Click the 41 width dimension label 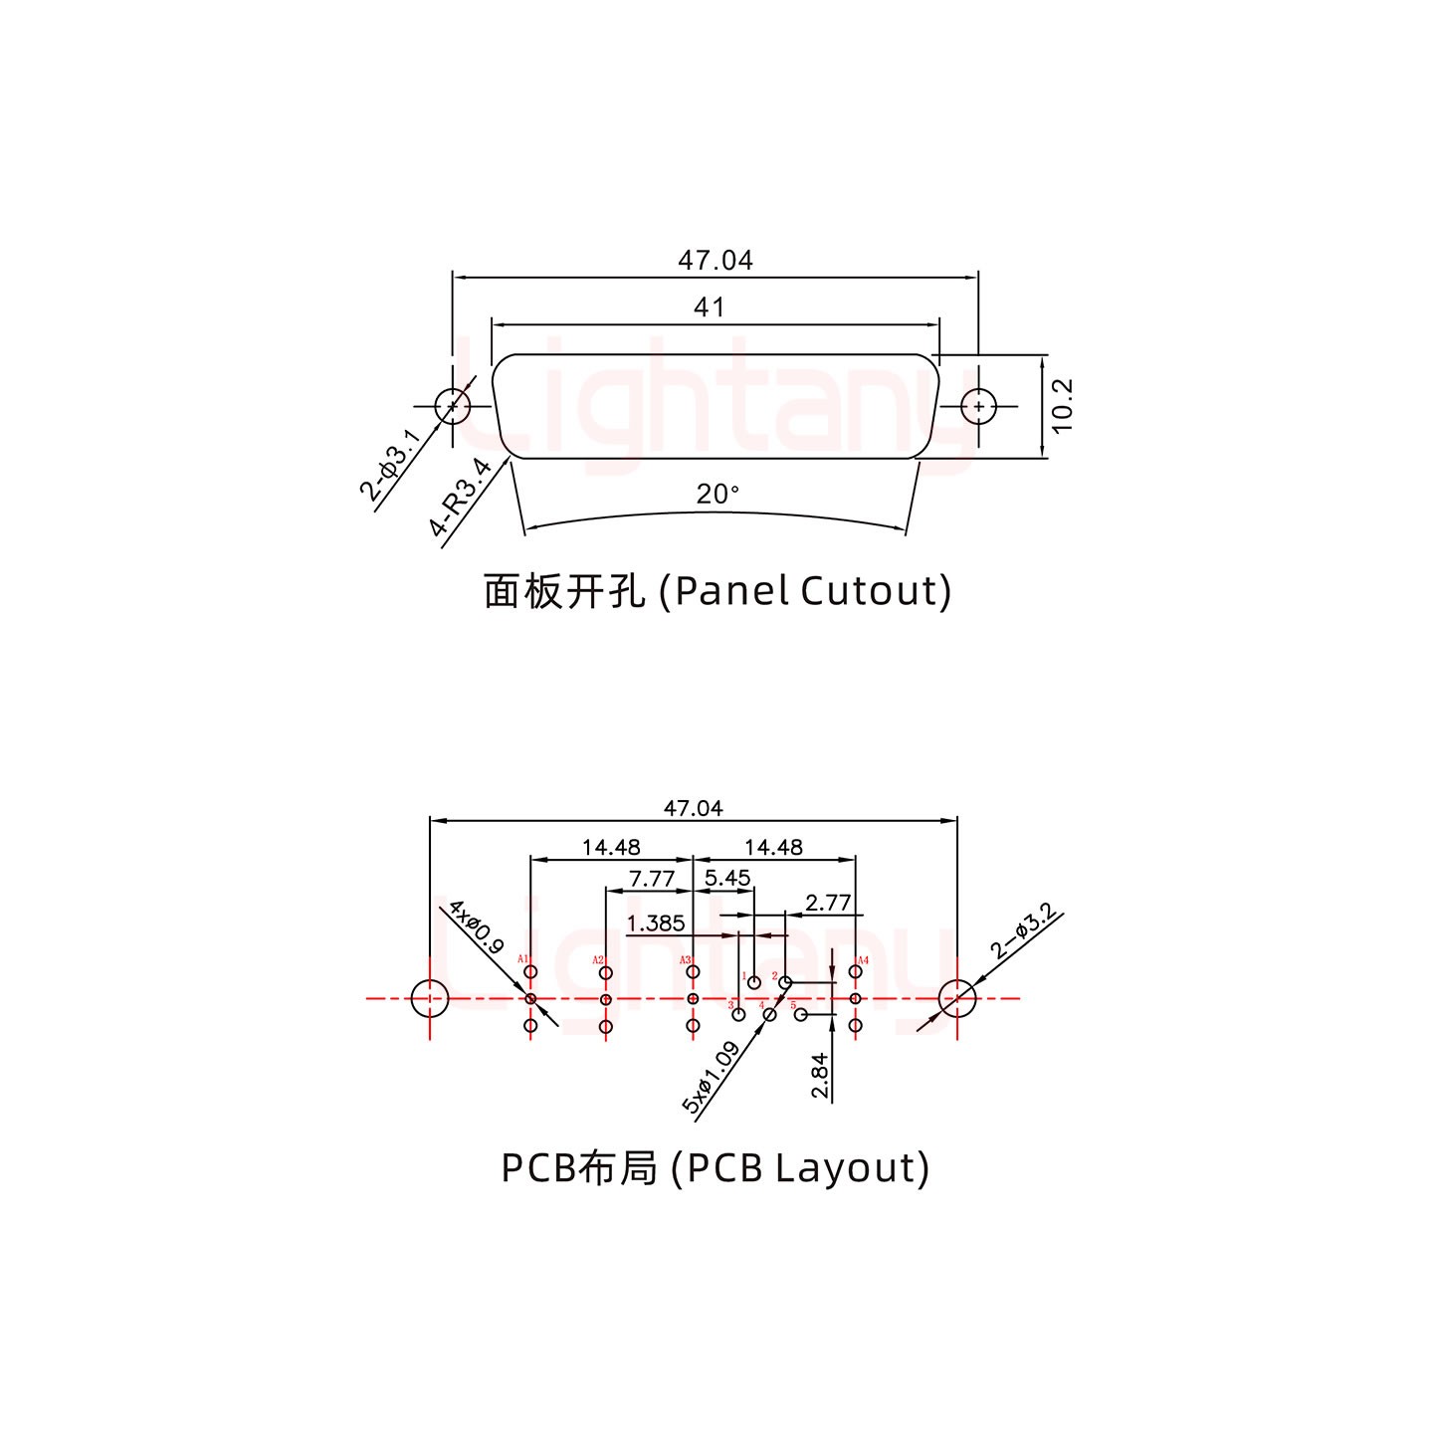[x=709, y=307]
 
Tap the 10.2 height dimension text [x=1063, y=406]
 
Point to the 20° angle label [x=717, y=494]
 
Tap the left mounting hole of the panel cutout [x=453, y=406]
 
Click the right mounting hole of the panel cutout [x=979, y=406]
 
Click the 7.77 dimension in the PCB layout [x=652, y=880]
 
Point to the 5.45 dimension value [x=727, y=878]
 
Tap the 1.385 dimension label [x=656, y=922]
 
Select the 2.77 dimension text [x=828, y=903]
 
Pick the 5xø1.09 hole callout [x=710, y=1078]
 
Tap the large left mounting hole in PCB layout [x=430, y=998]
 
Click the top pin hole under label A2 [x=606, y=973]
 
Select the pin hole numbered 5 [x=801, y=1015]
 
